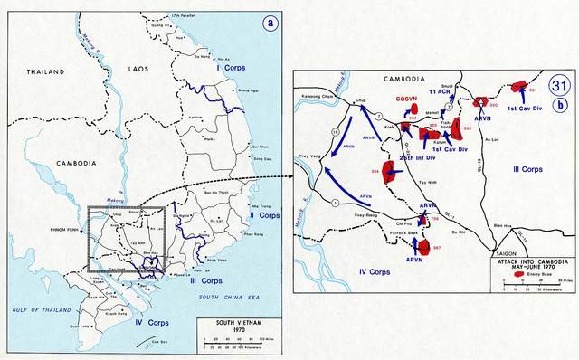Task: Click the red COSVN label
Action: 407,99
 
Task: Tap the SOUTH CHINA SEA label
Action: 239,272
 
